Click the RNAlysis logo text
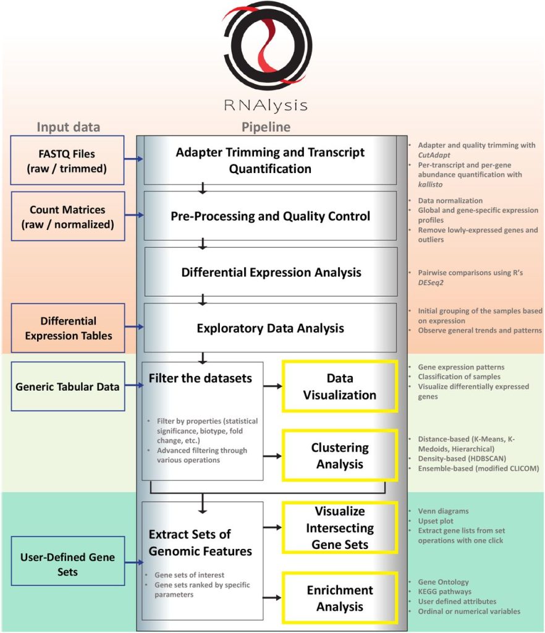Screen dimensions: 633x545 click(x=266, y=105)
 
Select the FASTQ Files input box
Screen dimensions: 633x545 click(x=68, y=159)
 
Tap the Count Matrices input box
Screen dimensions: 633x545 click(x=68, y=216)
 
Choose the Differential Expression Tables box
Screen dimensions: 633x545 click(x=68, y=328)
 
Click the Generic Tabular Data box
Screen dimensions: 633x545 click(x=68, y=387)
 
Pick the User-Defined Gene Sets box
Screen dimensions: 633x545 click(x=68, y=563)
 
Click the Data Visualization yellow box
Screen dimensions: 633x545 click(x=339, y=386)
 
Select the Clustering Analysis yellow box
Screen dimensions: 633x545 click(x=339, y=455)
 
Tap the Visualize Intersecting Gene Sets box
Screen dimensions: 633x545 click(x=339, y=528)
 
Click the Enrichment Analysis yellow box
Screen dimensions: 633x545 click(x=339, y=598)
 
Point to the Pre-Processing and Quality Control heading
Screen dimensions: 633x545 click(x=271, y=216)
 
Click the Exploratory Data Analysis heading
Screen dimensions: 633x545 click(x=271, y=328)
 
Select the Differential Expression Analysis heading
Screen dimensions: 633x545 click(x=271, y=272)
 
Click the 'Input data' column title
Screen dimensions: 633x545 click(x=68, y=127)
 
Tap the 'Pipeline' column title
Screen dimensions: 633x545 click(x=266, y=127)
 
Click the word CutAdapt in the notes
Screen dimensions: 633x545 click(x=436, y=155)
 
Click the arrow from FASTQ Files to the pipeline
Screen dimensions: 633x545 click(x=133, y=159)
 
